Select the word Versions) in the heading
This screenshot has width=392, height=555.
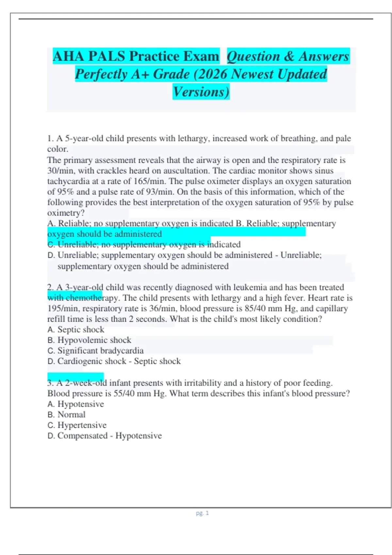pyautogui.click(x=201, y=92)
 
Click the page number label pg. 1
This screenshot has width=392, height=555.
pyautogui.click(x=202, y=513)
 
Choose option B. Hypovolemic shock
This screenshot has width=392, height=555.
pyautogui.click(x=89, y=340)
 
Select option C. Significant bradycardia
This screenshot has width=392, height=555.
pyautogui.click(x=95, y=351)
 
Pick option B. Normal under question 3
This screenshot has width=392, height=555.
pyautogui.click(x=66, y=415)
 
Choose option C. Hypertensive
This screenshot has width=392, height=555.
pyautogui.click(x=77, y=425)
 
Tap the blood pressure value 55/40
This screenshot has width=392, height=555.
pyautogui.click(x=124, y=393)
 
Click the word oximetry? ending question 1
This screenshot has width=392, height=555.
pyautogui.click(x=66, y=213)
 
